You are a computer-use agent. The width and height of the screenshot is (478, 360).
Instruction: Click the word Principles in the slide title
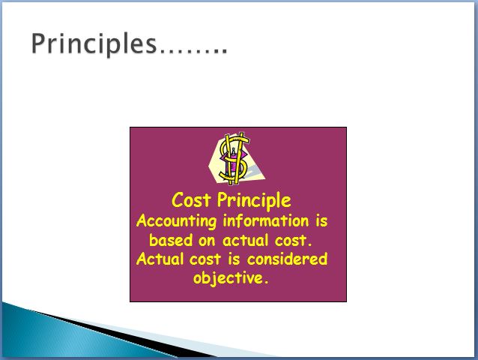pos(94,44)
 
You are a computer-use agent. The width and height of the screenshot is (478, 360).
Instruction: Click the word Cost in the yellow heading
pos(191,200)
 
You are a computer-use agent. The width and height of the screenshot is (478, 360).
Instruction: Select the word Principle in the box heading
pos(254,201)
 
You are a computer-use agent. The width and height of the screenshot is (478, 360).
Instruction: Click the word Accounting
pos(177,221)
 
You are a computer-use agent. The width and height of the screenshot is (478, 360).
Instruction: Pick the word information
pos(266,220)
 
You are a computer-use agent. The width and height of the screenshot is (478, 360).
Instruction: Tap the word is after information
pos(321,220)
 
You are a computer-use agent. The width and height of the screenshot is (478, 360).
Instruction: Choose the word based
pos(171,240)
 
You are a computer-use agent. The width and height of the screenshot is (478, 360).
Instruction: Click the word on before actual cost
pos(207,241)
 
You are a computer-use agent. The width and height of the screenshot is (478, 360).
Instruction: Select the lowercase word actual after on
pos(246,240)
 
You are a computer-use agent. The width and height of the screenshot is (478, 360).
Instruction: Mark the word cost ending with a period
pos(293,241)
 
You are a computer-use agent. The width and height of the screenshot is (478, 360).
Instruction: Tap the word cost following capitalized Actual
pos(205,259)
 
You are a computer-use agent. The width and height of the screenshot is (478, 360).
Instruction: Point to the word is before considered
pos(234,259)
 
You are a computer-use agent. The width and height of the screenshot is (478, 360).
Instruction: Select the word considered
pos(287,259)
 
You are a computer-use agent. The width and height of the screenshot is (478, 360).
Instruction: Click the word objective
pos(231,278)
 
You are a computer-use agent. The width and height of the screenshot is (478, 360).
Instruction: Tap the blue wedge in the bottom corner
pos(76,334)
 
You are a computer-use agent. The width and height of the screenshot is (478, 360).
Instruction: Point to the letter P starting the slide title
pos(39,44)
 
